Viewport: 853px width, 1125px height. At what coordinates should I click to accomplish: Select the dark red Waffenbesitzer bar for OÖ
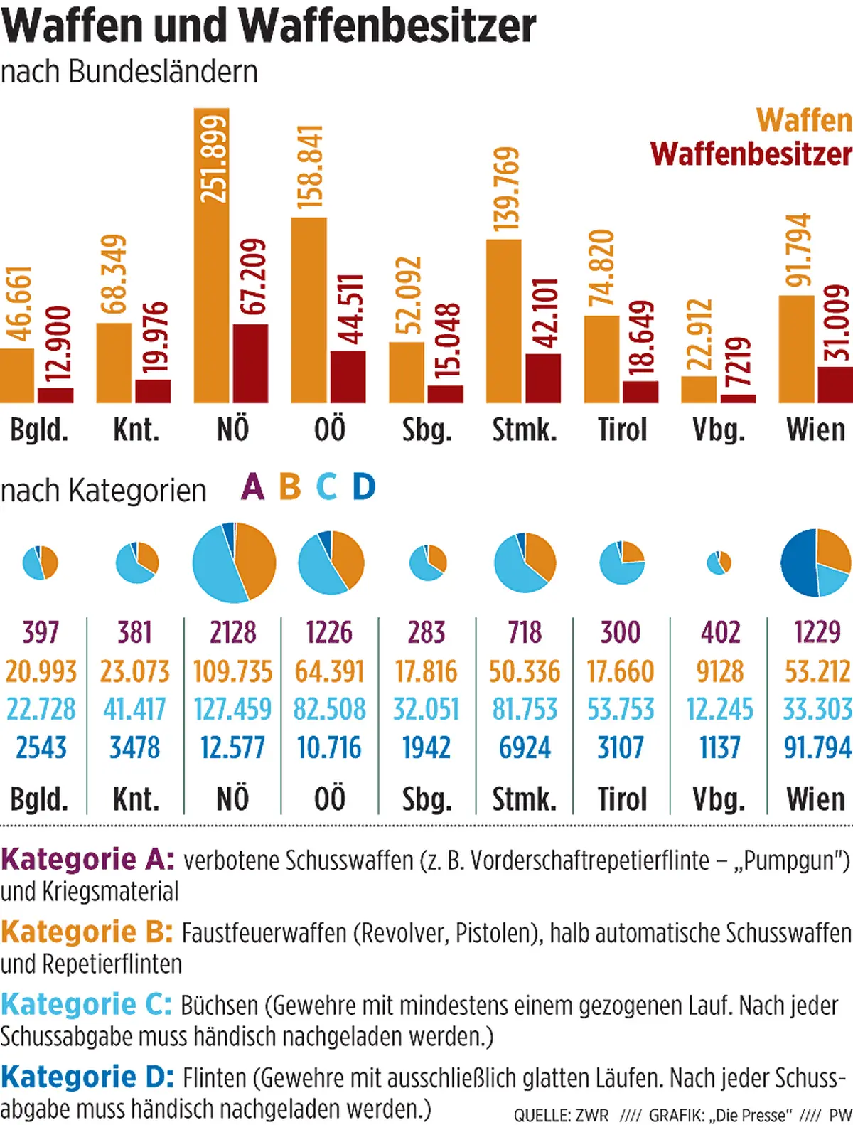[x=348, y=377]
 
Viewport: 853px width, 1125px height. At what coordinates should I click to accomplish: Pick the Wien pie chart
[x=815, y=562]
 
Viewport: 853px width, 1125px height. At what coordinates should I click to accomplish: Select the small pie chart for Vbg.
[x=719, y=563]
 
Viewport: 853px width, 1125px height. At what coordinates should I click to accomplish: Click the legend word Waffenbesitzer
[x=750, y=154]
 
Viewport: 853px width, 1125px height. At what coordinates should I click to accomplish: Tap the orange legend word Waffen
[x=803, y=119]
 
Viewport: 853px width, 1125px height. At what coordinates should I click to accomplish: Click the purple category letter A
[x=252, y=488]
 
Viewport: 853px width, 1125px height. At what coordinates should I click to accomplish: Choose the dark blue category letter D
[x=364, y=488]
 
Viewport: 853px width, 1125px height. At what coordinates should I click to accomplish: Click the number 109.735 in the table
[x=232, y=671]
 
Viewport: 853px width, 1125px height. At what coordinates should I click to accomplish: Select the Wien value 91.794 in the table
[x=817, y=747]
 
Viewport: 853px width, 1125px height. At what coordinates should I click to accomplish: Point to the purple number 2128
[x=232, y=632]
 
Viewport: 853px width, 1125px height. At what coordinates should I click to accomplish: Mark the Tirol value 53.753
[x=621, y=709]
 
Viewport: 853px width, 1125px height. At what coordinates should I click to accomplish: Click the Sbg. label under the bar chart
[x=426, y=430]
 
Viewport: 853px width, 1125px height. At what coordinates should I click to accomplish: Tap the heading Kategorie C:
[x=86, y=1005]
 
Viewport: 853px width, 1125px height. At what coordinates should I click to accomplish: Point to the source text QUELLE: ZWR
[x=561, y=1114]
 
